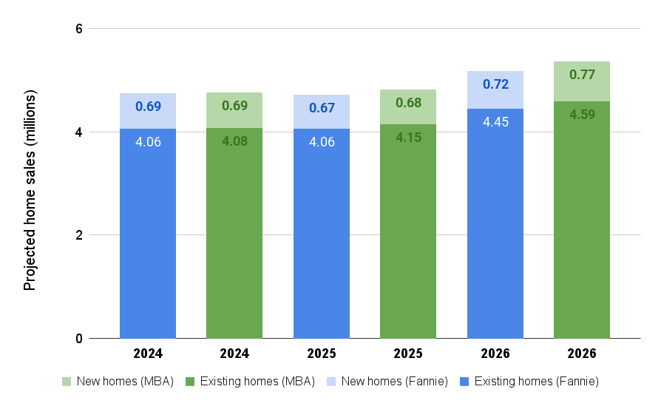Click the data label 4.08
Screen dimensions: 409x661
pyautogui.click(x=234, y=140)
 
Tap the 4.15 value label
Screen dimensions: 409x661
pyautogui.click(x=408, y=137)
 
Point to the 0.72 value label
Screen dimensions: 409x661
pyautogui.click(x=495, y=84)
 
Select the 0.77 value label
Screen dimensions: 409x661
pyautogui.click(x=582, y=74)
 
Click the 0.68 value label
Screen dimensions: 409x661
pyautogui.click(x=408, y=102)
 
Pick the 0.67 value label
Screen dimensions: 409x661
pyautogui.click(x=322, y=107)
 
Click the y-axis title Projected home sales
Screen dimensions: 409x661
pyautogui.click(x=30, y=190)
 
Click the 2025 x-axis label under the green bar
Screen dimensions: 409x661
pyautogui.click(x=408, y=354)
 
